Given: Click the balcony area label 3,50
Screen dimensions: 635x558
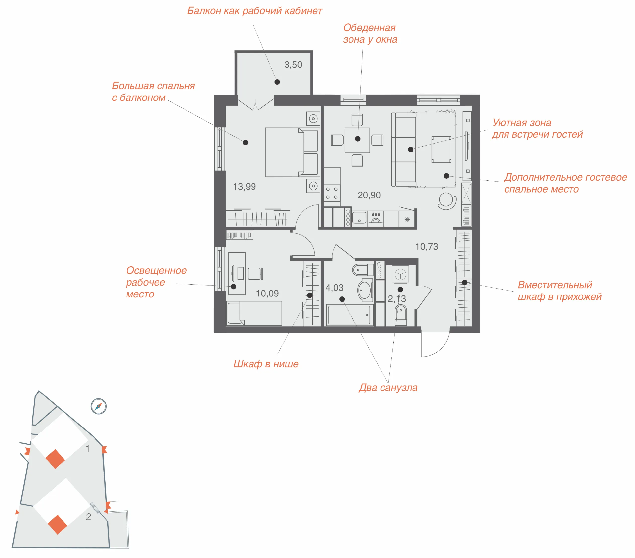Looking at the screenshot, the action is click(x=293, y=65).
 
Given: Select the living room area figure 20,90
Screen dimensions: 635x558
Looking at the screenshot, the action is click(x=369, y=195).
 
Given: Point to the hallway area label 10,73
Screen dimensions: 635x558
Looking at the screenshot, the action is click(x=427, y=246).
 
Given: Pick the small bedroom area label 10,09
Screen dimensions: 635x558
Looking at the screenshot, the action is click(x=267, y=293).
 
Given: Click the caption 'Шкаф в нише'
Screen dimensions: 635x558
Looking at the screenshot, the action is click(x=266, y=364).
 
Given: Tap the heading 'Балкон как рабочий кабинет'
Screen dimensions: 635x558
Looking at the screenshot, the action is click(x=254, y=11).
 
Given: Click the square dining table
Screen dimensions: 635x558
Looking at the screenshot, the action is click(x=357, y=140).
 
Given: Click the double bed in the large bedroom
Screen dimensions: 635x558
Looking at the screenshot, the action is click(x=292, y=152).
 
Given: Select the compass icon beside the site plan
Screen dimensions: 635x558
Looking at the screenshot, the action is click(x=98, y=406).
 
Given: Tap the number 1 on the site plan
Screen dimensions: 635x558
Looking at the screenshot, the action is click(x=88, y=448).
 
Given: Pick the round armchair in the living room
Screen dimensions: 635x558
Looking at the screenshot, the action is click(x=447, y=201).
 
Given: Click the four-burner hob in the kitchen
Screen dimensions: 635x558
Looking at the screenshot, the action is click(x=332, y=193).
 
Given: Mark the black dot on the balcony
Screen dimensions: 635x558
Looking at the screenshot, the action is click(x=277, y=82).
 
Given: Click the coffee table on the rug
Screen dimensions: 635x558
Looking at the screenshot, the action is click(x=441, y=149).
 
